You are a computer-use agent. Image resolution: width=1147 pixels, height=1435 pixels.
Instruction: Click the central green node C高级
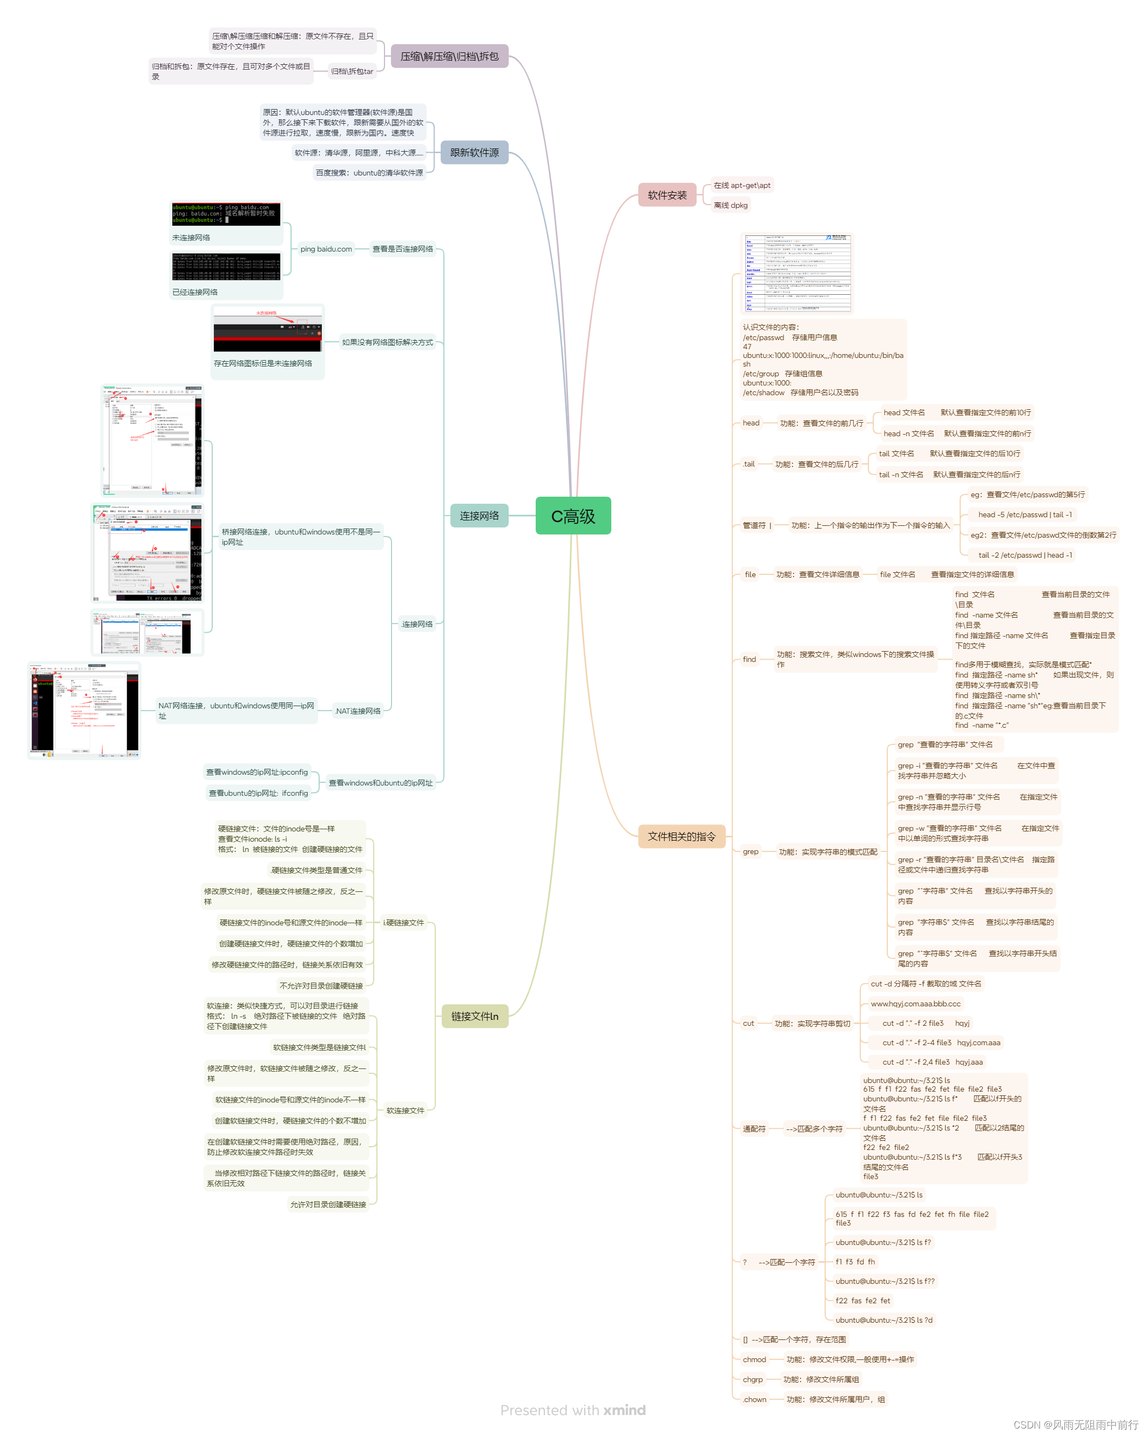click(572, 516)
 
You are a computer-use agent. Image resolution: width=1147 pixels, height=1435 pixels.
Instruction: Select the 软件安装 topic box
click(666, 195)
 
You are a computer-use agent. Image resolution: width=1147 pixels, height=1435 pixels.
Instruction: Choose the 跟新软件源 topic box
click(474, 152)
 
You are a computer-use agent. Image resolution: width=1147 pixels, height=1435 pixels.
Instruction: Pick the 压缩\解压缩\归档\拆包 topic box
click(449, 57)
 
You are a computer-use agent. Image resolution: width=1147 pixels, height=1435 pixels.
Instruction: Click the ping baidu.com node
click(326, 249)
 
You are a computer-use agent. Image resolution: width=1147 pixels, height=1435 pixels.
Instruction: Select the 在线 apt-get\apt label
click(741, 186)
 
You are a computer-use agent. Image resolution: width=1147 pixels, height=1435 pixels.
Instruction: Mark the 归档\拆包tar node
click(352, 71)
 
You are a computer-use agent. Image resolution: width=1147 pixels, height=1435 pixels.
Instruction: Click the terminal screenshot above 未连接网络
click(226, 214)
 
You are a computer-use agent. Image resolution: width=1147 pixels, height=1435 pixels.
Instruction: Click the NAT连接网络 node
click(357, 711)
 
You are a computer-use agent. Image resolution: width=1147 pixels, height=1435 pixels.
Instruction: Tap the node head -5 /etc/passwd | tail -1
click(1024, 515)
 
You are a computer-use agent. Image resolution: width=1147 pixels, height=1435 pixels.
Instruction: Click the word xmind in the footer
click(624, 1410)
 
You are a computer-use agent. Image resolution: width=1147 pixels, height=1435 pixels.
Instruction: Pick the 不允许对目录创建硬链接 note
click(321, 986)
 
